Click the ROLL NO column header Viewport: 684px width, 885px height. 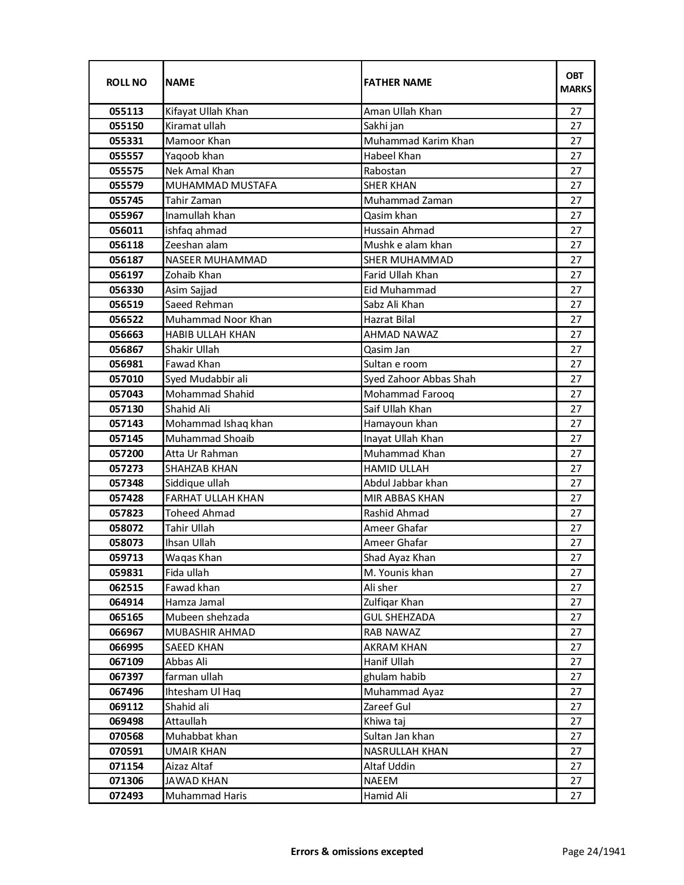(126, 82)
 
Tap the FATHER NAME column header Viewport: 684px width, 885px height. (398, 82)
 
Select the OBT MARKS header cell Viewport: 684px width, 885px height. (576, 82)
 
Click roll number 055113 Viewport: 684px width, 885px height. (127, 112)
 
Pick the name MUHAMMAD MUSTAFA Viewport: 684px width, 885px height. (221, 186)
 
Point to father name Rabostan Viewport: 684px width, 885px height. (385, 171)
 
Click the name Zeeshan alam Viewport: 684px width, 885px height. (196, 245)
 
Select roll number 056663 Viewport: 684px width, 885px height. (127, 335)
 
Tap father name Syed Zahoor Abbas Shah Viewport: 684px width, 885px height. (420, 379)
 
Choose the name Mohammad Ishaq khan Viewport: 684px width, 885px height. (219, 424)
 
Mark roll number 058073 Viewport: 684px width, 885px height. (127, 543)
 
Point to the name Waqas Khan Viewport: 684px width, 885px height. (193, 558)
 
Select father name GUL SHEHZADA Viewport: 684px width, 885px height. (399, 617)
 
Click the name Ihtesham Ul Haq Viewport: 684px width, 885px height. (203, 692)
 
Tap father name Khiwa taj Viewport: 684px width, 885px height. (385, 721)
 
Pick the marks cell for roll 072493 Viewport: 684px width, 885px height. (576, 796)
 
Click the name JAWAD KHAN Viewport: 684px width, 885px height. (196, 781)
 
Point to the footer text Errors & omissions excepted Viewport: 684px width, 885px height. (357, 851)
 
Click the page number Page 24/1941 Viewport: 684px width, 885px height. (594, 851)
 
